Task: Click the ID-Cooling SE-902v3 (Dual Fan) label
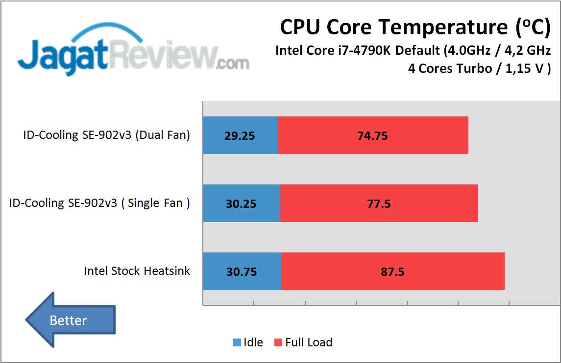coord(106,136)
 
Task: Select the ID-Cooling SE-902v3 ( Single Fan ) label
coord(99,204)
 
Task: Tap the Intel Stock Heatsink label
coord(137,271)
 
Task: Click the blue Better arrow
coord(70,320)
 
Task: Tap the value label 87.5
coord(392,272)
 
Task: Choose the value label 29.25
coord(240,136)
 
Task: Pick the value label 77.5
coord(379,204)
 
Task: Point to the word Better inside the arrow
coord(68,320)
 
